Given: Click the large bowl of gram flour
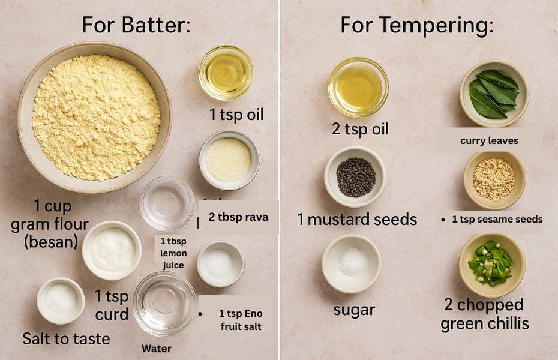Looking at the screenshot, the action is tap(94, 118).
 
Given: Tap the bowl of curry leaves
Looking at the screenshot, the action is tap(494, 94).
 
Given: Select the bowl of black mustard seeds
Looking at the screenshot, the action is tap(355, 177).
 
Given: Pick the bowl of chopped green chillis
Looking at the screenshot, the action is tap(492, 265).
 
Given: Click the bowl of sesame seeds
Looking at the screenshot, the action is tap(494, 180).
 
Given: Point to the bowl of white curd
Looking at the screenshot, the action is tap(112, 250).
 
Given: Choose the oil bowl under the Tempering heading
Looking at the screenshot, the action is tap(358, 87).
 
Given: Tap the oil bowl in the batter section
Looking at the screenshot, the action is tap(226, 73).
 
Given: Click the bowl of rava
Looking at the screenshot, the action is tap(229, 160).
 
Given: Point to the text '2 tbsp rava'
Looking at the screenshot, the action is tap(238, 217).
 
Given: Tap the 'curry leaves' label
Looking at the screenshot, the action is tap(490, 141).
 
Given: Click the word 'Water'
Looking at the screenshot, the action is tap(157, 349).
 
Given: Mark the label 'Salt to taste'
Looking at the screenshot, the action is tap(66, 338).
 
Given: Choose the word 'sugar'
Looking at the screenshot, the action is tap(354, 310).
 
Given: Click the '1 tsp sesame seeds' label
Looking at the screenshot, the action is tap(497, 219).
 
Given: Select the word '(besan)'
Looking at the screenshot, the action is tap(51, 242).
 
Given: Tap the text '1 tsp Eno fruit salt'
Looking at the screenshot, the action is tap(241, 320).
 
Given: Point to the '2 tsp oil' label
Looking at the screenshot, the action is tap(361, 128).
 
